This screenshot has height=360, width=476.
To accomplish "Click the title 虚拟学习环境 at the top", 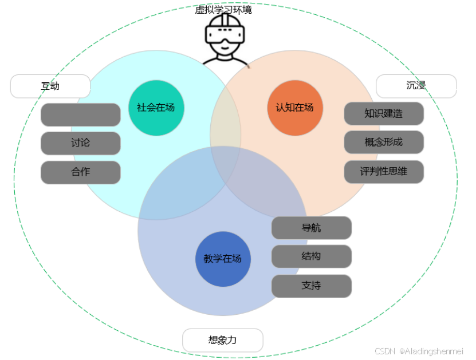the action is tap(223, 9).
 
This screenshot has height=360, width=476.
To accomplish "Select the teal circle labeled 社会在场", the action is tap(156, 108).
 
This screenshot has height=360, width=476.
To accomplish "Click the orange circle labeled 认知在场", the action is tap(294, 108).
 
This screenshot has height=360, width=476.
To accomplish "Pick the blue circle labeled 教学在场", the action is tap(223, 259).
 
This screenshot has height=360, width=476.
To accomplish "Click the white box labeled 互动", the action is tap(50, 86).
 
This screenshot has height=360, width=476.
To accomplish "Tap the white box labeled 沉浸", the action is tap(416, 86).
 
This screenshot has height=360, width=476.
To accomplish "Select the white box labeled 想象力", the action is tap(222, 340).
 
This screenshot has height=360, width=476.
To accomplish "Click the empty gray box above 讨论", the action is tap(80, 114).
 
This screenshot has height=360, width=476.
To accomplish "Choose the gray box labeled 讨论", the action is tap(80, 143).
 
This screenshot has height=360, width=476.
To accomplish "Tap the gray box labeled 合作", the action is tap(80, 172).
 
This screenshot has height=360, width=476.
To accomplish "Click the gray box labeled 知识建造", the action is tap(384, 113).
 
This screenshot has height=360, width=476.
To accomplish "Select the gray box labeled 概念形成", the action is tap(384, 142).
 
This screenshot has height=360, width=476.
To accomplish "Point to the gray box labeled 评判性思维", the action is tap(384, 171).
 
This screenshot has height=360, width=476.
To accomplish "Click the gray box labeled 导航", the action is tap(311, 228).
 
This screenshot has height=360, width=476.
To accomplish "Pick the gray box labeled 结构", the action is tap(311, 256).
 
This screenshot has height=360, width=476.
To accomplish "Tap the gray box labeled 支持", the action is tap(311, 286).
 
